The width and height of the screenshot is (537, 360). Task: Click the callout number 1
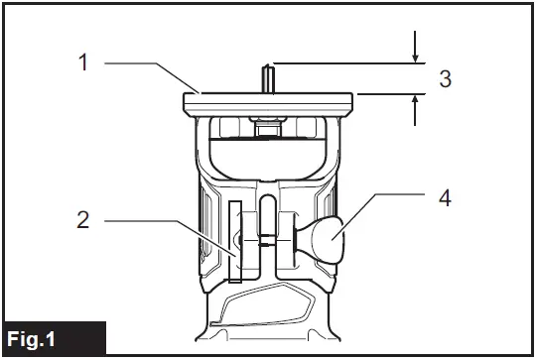pos(85,61)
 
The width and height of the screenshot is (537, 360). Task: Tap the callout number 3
pos(446,78)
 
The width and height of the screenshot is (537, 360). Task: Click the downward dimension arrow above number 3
pos(417,46)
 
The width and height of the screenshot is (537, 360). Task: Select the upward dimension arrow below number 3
pos(417,109)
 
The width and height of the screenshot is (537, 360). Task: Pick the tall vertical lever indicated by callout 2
pos(235,241)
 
